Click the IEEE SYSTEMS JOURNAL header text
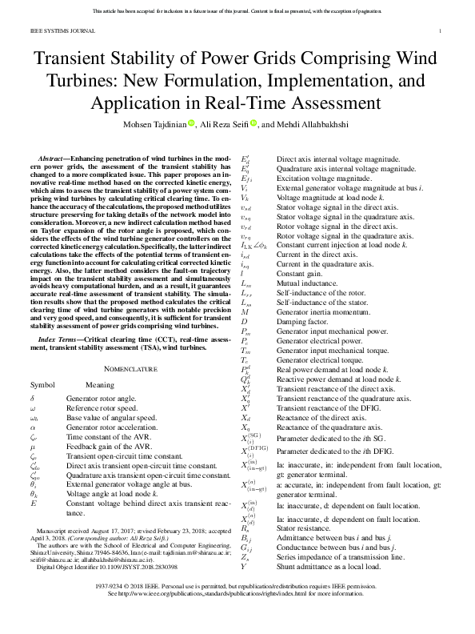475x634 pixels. pyautogui.click(x=53, y=31)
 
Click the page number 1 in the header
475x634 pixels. pyautogui.click(x=441, y=31)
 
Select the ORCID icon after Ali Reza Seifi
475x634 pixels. pyautogui.click(x=253, y=124)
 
